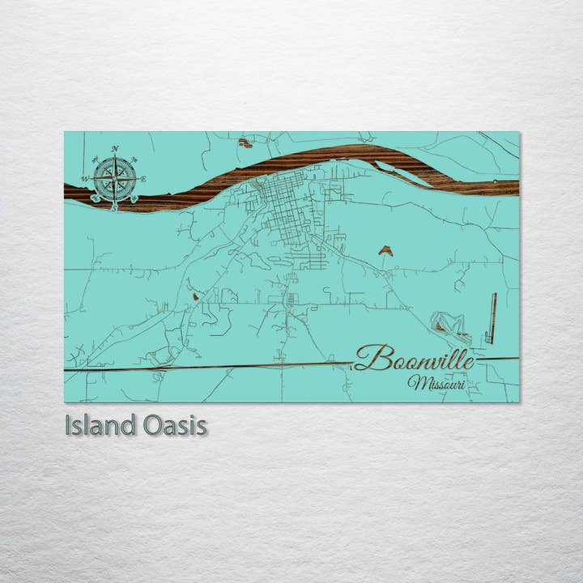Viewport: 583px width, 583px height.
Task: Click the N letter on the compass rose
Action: point(115,149)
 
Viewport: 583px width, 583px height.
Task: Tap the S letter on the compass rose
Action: point(114,207)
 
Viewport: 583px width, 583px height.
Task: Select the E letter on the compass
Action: point(144,178)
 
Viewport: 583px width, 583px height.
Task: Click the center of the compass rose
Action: point(114,179)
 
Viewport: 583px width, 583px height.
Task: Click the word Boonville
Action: point(414,358)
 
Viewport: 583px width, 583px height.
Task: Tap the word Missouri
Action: point(436,382)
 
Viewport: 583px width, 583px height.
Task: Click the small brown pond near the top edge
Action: point(245,143)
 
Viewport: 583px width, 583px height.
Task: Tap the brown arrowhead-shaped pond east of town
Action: point(385,251)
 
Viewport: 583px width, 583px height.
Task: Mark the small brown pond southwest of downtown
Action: point(195,296)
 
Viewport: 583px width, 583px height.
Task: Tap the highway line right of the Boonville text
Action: point(496,359)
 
